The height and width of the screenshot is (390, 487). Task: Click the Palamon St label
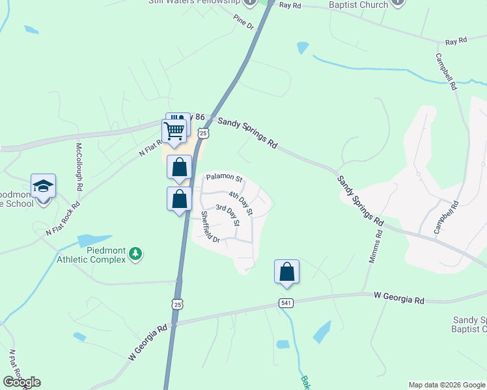click(x=224, y=177)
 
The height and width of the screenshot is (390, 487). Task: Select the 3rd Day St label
click(x=228, y=216)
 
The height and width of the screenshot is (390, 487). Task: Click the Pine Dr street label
click(x=243, y=22)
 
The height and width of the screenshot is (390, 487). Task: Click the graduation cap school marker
click(x=43, y=187)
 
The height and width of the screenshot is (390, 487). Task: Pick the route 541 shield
click(x=286, y=303)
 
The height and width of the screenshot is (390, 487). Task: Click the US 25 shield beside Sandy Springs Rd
click(x=204, y=133)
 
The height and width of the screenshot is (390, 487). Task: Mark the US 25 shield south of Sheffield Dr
click(x=178, y=304)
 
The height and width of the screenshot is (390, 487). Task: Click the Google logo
click(x=21, y=382)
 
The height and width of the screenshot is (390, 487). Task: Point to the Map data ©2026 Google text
click(x=446, y=385)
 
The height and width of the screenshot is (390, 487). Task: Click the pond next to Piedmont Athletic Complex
click(x=95, y=240)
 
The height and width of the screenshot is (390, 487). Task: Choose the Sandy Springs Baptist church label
click(x=469, y=324)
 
